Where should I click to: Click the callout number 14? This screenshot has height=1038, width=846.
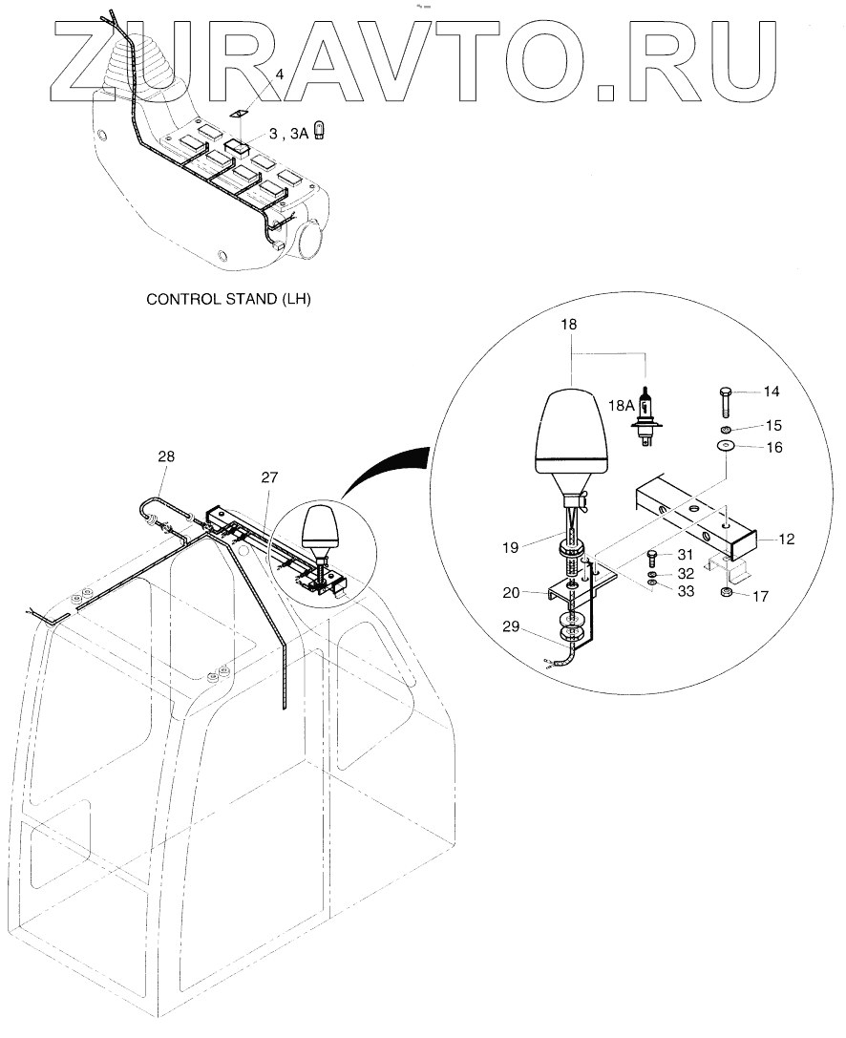pyautogui.click(x=771, y=391)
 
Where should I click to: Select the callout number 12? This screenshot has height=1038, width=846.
pyautogui.click(x=786, y=540)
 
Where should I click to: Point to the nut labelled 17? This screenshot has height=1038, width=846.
pyautogui.click(x=729, y=597)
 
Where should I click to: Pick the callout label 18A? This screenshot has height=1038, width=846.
pyautogui.click(x=621, y=405)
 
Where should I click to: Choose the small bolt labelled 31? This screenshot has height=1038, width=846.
pyautogui.click(x=652, y=554)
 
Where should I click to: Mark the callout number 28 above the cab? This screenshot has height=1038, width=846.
pyautogui.click(x=166, y=458)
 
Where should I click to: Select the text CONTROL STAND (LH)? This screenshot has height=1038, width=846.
pyautogui.click(x=228, y=299)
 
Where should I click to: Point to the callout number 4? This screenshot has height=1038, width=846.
pyautogui.click(x=280, y=74)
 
